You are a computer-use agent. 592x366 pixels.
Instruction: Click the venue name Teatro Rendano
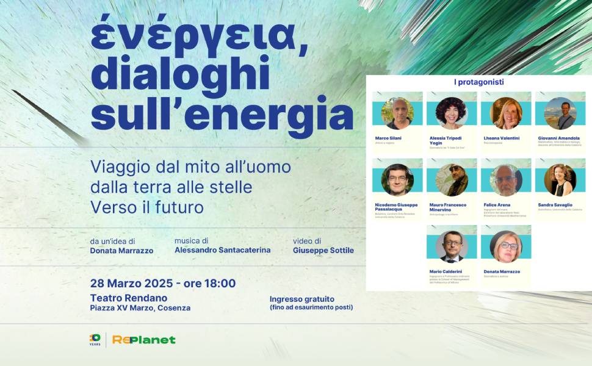click(x=128, y=298)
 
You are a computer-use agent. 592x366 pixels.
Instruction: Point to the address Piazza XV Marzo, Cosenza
click(x=140, y=308)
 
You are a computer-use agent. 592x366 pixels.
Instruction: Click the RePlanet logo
click(x=143, y=340)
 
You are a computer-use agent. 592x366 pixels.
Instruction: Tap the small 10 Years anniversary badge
click(x=95, y=340)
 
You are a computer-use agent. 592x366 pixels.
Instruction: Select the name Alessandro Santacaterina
click(x=222, y=250)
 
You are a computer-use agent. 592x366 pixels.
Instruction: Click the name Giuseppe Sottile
click(x=323, y=250)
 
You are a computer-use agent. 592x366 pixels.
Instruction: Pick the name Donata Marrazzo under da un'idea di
click(x=121, y=251)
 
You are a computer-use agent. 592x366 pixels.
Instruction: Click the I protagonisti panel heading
click(x=478, y=82)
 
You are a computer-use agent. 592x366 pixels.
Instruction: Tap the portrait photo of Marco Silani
click(x=397, y=113)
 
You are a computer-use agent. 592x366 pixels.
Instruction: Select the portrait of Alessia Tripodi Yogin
click(x=452, y=113)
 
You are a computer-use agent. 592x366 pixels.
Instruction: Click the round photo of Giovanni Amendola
click(x=560, y=113)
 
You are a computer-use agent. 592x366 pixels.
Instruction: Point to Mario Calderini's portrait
click(x=452, y=246)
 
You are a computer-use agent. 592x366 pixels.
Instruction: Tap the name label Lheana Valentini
click(x=502, y=138)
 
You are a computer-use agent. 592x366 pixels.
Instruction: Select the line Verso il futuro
click(x=146, y=207)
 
